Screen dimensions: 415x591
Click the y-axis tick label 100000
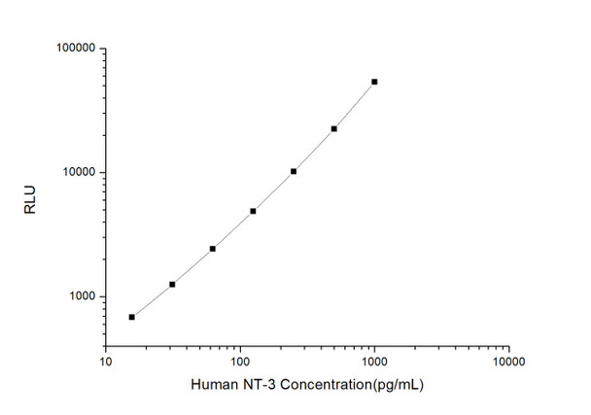(73, 48)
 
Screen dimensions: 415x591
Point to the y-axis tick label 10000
(76, 172)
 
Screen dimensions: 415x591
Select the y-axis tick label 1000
(79, 296)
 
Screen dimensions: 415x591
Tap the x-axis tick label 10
(106, 361)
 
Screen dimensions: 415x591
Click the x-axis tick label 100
(240, 361)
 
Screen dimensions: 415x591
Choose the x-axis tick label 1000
(374, 361)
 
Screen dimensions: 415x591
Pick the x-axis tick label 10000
(508, 361)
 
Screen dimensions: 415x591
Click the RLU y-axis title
(31, 203)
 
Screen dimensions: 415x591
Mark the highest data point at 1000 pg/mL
(374, 82)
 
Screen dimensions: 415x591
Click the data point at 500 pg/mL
(333, 128)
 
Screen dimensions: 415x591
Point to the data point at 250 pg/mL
(294, 171)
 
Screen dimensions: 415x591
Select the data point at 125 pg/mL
(253, 211)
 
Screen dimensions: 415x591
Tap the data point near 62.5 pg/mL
(212, 249)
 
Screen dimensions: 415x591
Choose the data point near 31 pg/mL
(172, 284)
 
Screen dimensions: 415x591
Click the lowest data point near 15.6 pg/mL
(131, 317)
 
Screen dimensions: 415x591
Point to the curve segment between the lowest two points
(152, 300)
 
